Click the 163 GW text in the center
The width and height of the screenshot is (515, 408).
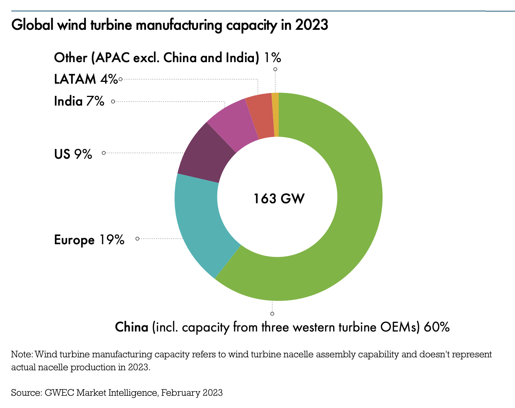coord(279,199)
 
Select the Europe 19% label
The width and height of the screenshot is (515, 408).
coord(89,240)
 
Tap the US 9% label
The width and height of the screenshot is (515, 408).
coord(73,154)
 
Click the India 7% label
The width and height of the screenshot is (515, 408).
coord(79,101)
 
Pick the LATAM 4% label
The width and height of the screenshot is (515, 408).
coord(86,79)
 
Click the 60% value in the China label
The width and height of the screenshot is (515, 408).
coord(436,327)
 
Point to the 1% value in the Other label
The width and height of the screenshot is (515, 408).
coord(273,57)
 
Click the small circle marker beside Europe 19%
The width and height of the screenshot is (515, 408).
coord(137,238)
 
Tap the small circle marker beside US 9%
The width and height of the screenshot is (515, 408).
coord(104,153)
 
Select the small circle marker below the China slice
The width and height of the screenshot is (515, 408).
coord(273,314)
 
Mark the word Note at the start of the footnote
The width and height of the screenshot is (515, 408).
coord(22,354)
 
